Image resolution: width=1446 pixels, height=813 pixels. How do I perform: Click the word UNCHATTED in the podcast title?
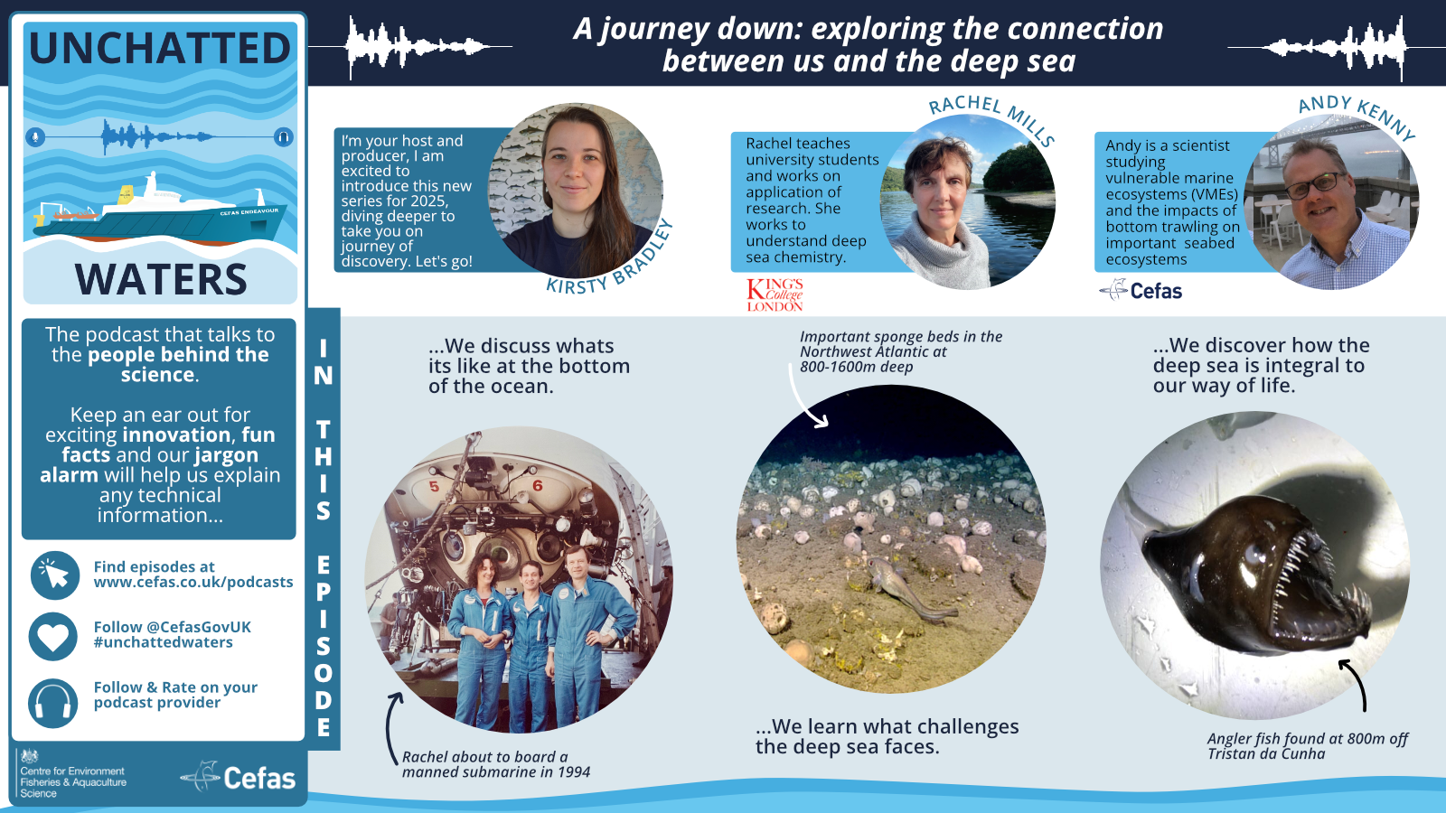160,49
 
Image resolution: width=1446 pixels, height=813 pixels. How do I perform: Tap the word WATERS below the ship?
161,280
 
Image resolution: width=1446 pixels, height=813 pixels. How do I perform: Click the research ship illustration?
158,213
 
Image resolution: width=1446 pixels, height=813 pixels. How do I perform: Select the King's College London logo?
775,294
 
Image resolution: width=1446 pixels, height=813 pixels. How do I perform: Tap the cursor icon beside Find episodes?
54,575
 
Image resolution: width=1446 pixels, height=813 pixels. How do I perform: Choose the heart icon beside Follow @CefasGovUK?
53,636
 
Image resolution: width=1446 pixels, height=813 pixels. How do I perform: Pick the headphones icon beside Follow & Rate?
53,703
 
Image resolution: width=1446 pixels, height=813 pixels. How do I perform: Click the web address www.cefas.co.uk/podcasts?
193,583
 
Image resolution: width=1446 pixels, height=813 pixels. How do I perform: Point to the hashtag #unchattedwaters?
164,642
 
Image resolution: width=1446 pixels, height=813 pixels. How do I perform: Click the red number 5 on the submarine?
434,487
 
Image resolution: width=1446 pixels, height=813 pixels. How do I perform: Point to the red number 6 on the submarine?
538,486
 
